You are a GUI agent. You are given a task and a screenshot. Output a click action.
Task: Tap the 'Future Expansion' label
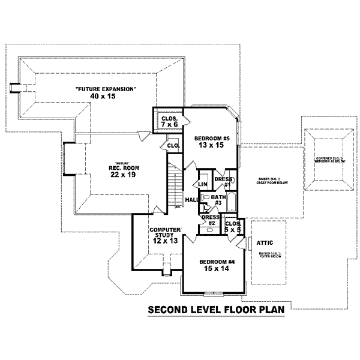coord(106,89)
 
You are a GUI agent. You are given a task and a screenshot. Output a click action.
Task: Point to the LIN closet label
coord(203,184)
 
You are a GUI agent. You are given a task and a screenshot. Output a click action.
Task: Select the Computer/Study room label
coord(165,233)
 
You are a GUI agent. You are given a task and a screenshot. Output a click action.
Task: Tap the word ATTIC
coord(265,243)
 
